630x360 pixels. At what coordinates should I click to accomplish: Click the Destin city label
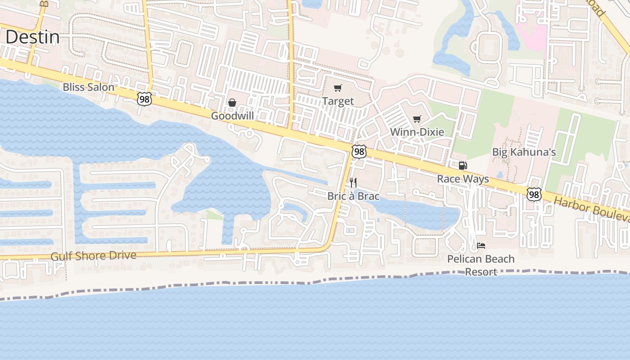(x=32, y=37)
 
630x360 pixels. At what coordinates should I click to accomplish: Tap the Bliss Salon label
(x=88, y=87)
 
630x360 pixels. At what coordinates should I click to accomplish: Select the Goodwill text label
(x=232, y=116)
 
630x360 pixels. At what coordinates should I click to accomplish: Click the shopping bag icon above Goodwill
(x=232, y=103)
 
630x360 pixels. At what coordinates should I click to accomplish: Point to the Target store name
(x=338, y=101)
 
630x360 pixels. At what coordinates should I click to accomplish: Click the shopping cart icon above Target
(x=338, y=88)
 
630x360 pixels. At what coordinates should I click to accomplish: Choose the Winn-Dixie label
(x=417, y=132)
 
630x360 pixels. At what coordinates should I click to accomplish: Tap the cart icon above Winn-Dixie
(x=417, y=119)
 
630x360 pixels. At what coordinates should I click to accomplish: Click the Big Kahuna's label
(x=524, y=152)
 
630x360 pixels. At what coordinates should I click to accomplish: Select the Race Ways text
(x=463, y=179)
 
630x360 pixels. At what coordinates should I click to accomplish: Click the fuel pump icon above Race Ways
(x=463, y=166)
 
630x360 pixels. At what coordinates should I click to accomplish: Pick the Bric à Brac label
(x=353, y=196)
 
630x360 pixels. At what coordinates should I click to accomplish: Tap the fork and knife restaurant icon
(x=353, y=183)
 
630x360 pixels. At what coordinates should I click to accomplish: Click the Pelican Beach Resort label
(x=481, y=265)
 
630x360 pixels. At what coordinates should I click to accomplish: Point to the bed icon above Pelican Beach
(x=481, y=246)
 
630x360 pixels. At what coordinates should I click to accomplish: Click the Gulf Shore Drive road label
(x=93, y=256)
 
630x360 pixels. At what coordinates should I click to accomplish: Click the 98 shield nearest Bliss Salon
(x=144, y=99)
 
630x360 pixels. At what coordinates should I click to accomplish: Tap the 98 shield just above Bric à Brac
(x=359, y=152)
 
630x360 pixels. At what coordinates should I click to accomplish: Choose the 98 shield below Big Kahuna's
(x=534, y=194)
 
